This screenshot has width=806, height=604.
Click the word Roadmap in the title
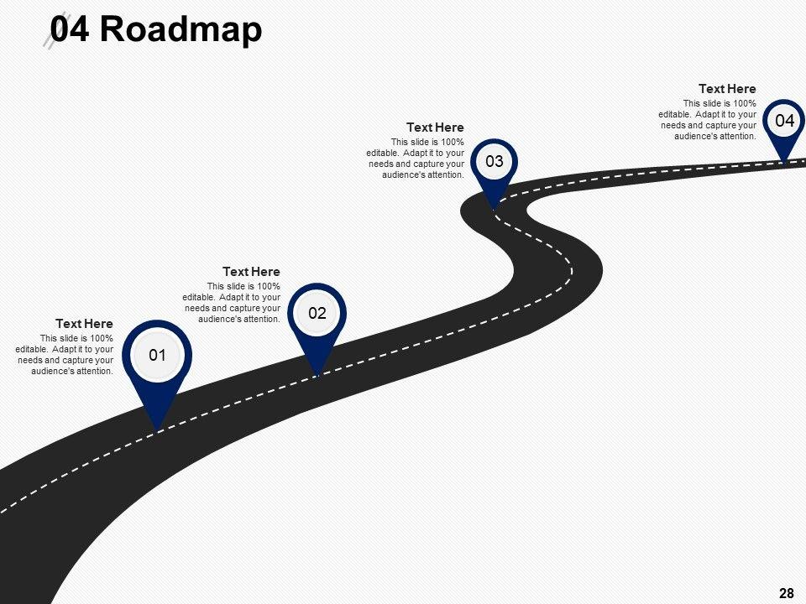pos(181,29)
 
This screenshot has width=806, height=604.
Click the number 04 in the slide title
pos(71,29)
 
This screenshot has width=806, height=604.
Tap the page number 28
pos(787,594)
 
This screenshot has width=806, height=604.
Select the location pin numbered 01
pos(157,356)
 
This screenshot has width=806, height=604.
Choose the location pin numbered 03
pos(494,161)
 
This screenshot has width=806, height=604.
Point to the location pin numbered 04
pos(784,121)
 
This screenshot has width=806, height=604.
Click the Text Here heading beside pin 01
pos(84,324)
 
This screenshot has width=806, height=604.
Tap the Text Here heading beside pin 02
pos(251,272)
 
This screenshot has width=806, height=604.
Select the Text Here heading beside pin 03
pos(435,128)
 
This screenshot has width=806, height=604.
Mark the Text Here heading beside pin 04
pos(727,89)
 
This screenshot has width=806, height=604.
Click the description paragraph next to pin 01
pos(65,355)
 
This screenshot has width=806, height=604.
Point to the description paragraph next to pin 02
pos(232,303)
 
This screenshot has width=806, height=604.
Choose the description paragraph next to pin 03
pos(416,159)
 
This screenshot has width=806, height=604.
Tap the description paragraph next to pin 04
pos(709,119)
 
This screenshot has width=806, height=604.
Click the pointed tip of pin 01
pos(158,429)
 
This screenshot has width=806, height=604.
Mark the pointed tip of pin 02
pos(317,375)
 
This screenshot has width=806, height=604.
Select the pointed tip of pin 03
pos(493,206)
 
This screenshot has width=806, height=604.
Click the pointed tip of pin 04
pos(785,160)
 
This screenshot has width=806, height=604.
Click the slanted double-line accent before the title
pos(53,34)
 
